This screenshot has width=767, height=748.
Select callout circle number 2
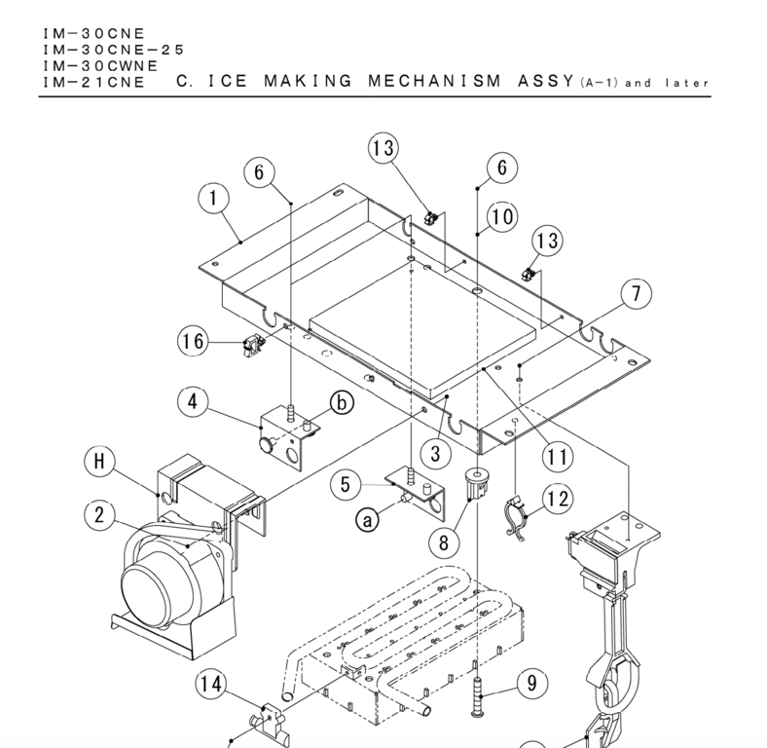(x=100, y=517)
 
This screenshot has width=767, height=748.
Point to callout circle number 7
(x=637, y=293)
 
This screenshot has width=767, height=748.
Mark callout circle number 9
(x=531, y=684)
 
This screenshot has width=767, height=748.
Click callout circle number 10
(x=502, y=217)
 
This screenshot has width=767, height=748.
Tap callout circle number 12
(x=558, y=500)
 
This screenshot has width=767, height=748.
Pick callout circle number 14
(x=210, y=686)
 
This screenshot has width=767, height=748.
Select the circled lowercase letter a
(x=368, y=521)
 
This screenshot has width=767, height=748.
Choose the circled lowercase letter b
(x=342, y=401)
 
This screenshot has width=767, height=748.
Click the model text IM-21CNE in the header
(x=93, y=83)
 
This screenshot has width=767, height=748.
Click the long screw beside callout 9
(x=478, y=694)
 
